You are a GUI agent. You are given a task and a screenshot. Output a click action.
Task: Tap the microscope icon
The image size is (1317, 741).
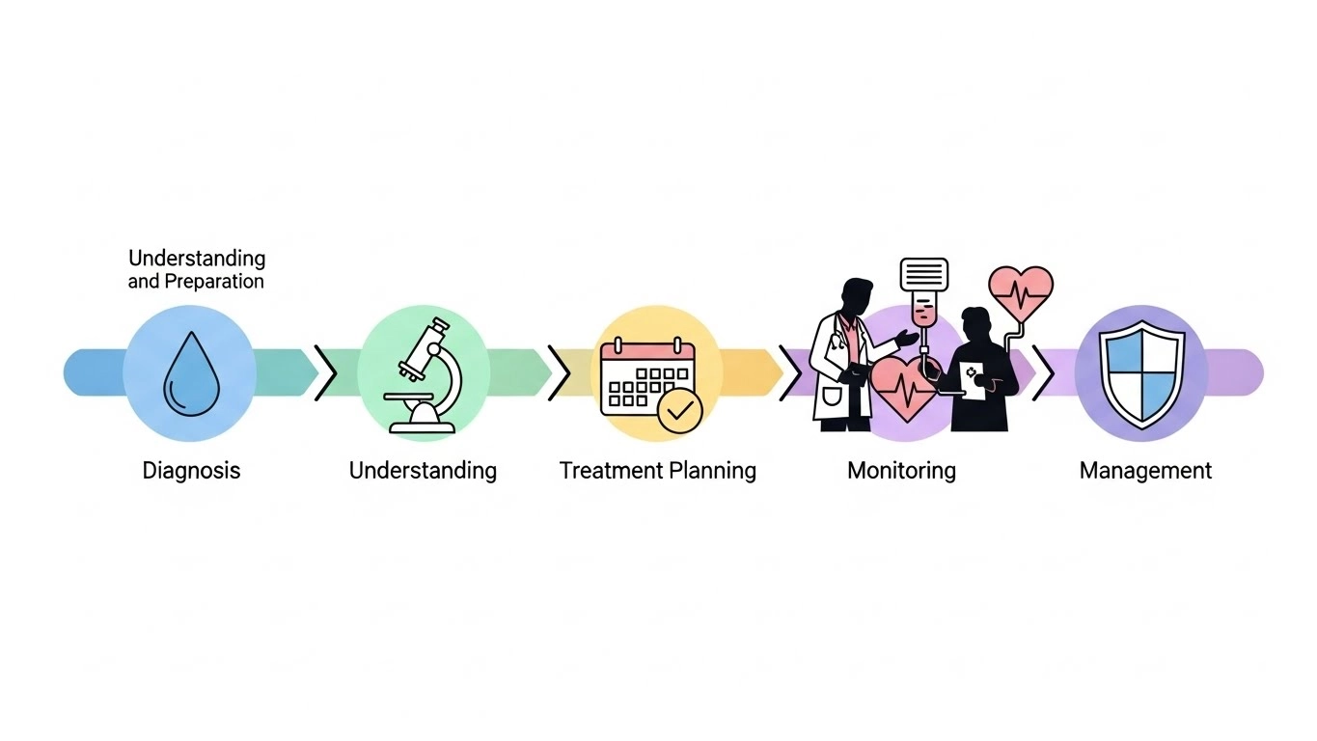[423, 374]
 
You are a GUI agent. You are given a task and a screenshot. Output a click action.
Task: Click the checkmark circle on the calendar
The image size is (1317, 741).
[680, 410]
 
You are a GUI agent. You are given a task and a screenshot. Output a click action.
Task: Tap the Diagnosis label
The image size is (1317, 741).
[191, 471]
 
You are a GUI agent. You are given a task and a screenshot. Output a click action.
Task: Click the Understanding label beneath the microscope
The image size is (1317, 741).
[423, 471]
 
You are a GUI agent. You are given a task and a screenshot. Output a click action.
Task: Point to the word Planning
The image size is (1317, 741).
[711, 471]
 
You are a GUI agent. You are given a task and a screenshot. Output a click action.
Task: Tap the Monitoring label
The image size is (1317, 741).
[901, 471]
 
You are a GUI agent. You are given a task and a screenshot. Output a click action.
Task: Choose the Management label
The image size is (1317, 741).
[1145, 471]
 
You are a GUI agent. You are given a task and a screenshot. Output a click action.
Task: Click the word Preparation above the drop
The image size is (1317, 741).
[213, 282]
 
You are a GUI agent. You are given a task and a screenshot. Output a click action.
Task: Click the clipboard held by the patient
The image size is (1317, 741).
[972, 379]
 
